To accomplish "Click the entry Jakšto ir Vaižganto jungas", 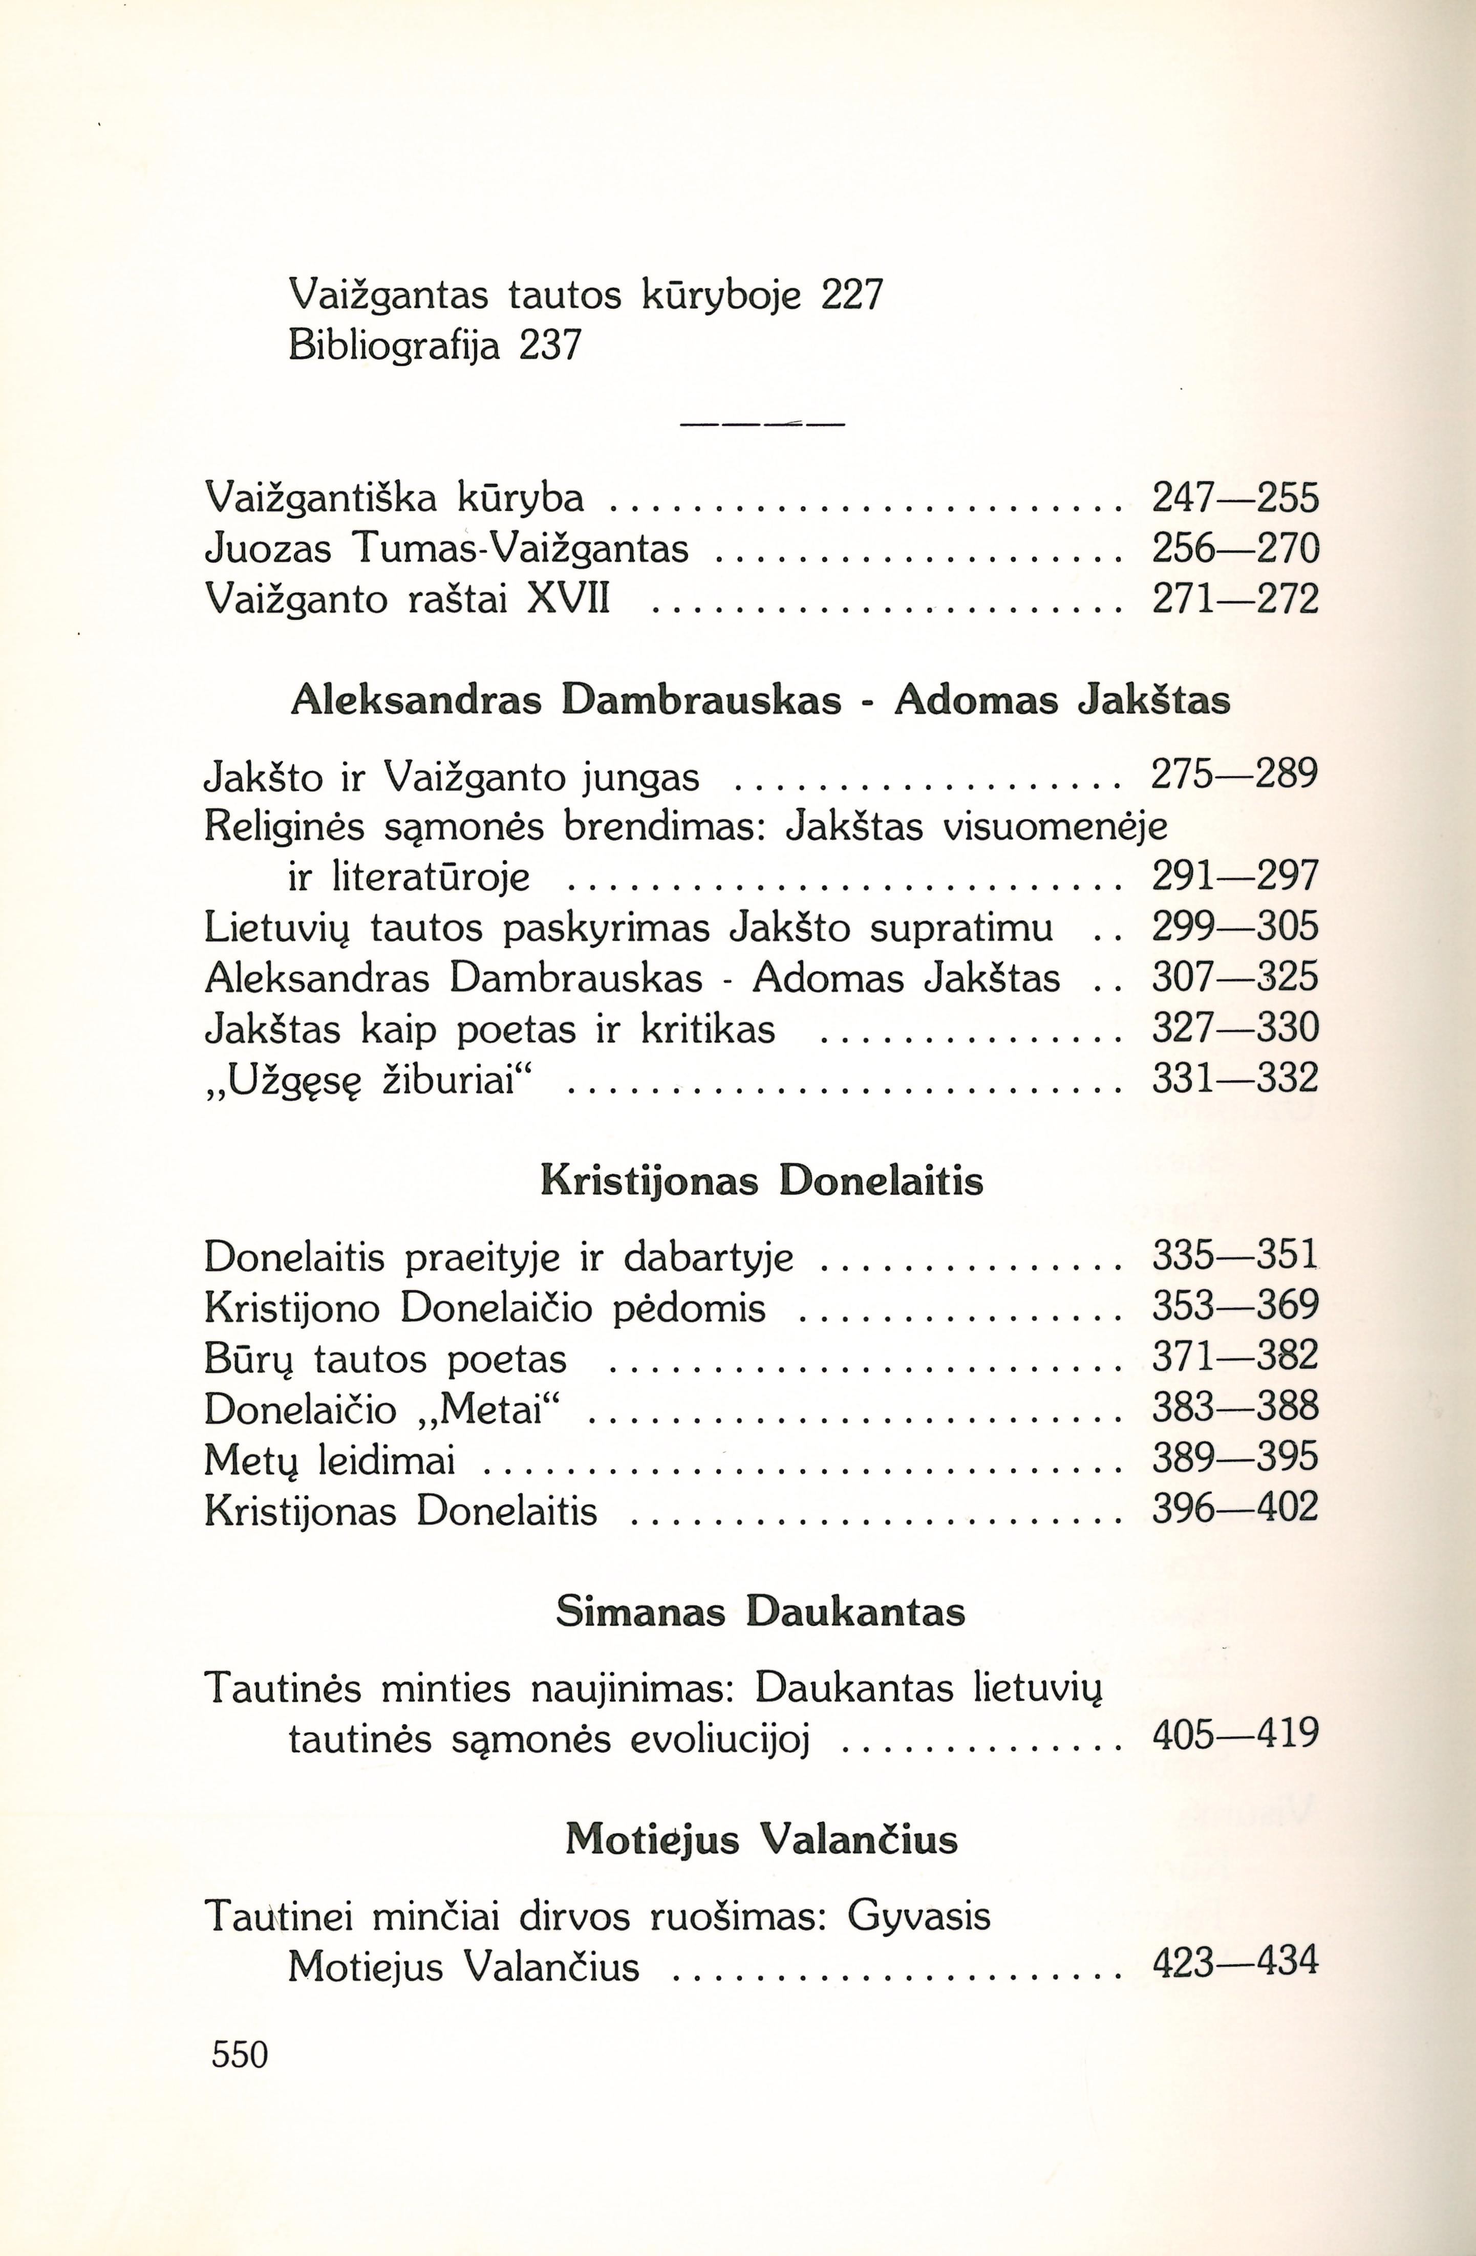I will pos(452,778).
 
